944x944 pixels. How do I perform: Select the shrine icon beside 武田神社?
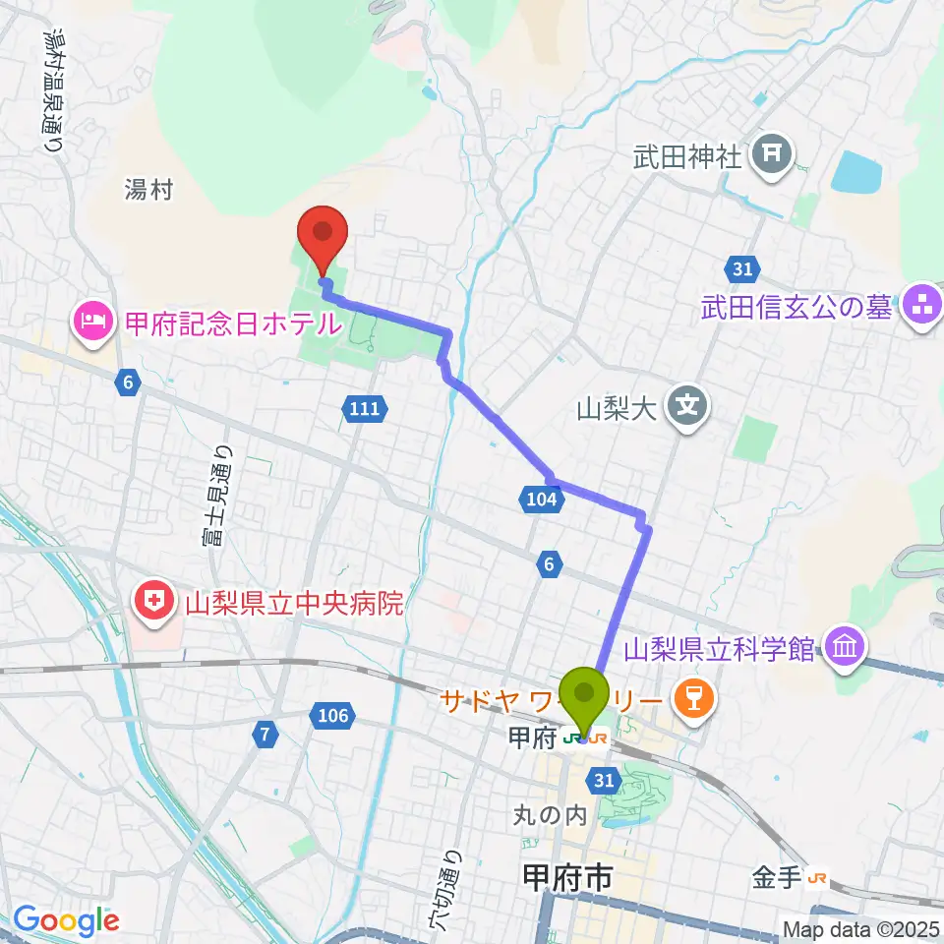pos(773,154)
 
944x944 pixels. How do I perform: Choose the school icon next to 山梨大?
pos(688,405)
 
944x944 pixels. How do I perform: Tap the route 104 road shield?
pos(540,501)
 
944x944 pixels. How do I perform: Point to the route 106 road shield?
pos(333,716)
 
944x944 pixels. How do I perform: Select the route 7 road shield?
pos(264,732)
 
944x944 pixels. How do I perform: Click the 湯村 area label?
pos(148,190)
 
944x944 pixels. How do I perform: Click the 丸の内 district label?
pos(550,815)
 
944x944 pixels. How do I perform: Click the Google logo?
pos(66,919)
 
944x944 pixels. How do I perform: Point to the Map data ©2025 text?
pos(861,928)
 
